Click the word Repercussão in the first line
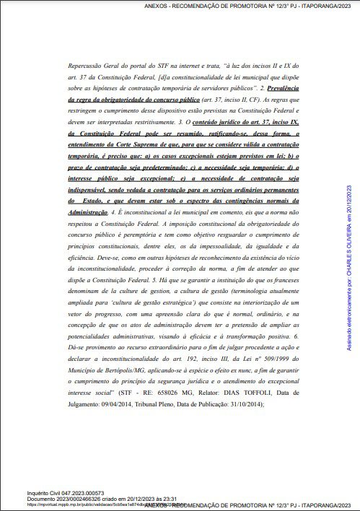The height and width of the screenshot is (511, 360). point(87,65)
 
